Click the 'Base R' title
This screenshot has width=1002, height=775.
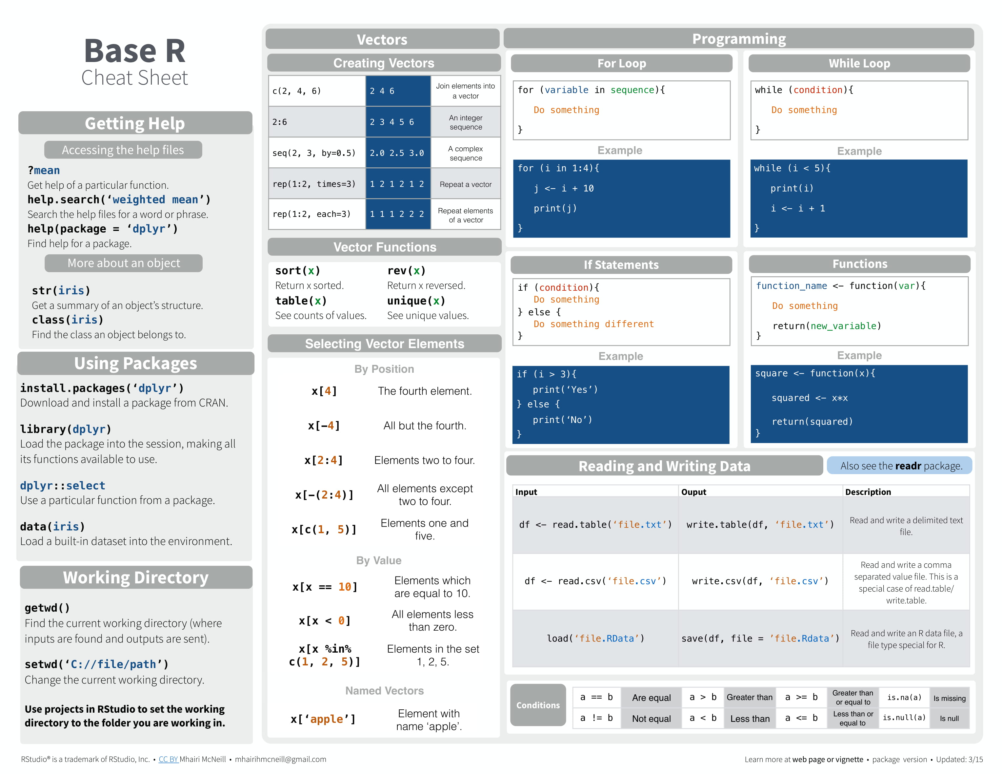tap(134, 51)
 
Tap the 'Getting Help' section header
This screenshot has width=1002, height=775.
tap(135, 123)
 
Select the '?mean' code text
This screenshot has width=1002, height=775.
tap(44, 170)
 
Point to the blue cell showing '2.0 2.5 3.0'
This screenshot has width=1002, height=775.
tap(397, 153)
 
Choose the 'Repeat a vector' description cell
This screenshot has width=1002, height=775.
tap(465, 184)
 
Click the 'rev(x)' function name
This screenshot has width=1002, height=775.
tap(406, 270)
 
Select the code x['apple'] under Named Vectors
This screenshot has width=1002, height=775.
tap(323, 719)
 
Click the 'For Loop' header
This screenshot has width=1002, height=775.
tap(621, 63)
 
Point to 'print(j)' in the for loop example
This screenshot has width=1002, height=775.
tap(555, 208)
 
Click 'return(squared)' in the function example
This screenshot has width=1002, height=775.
tap(812, 422)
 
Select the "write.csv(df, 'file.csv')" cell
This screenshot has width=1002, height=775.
tap(760, 581)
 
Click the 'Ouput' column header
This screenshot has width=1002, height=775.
tap(694, 492)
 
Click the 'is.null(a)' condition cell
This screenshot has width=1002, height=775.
tap(904, 718)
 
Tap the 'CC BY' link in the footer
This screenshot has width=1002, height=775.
tap(168, 759)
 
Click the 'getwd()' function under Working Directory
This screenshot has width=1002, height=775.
tap(47, 608)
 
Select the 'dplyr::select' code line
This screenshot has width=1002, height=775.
tap(62, 485)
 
